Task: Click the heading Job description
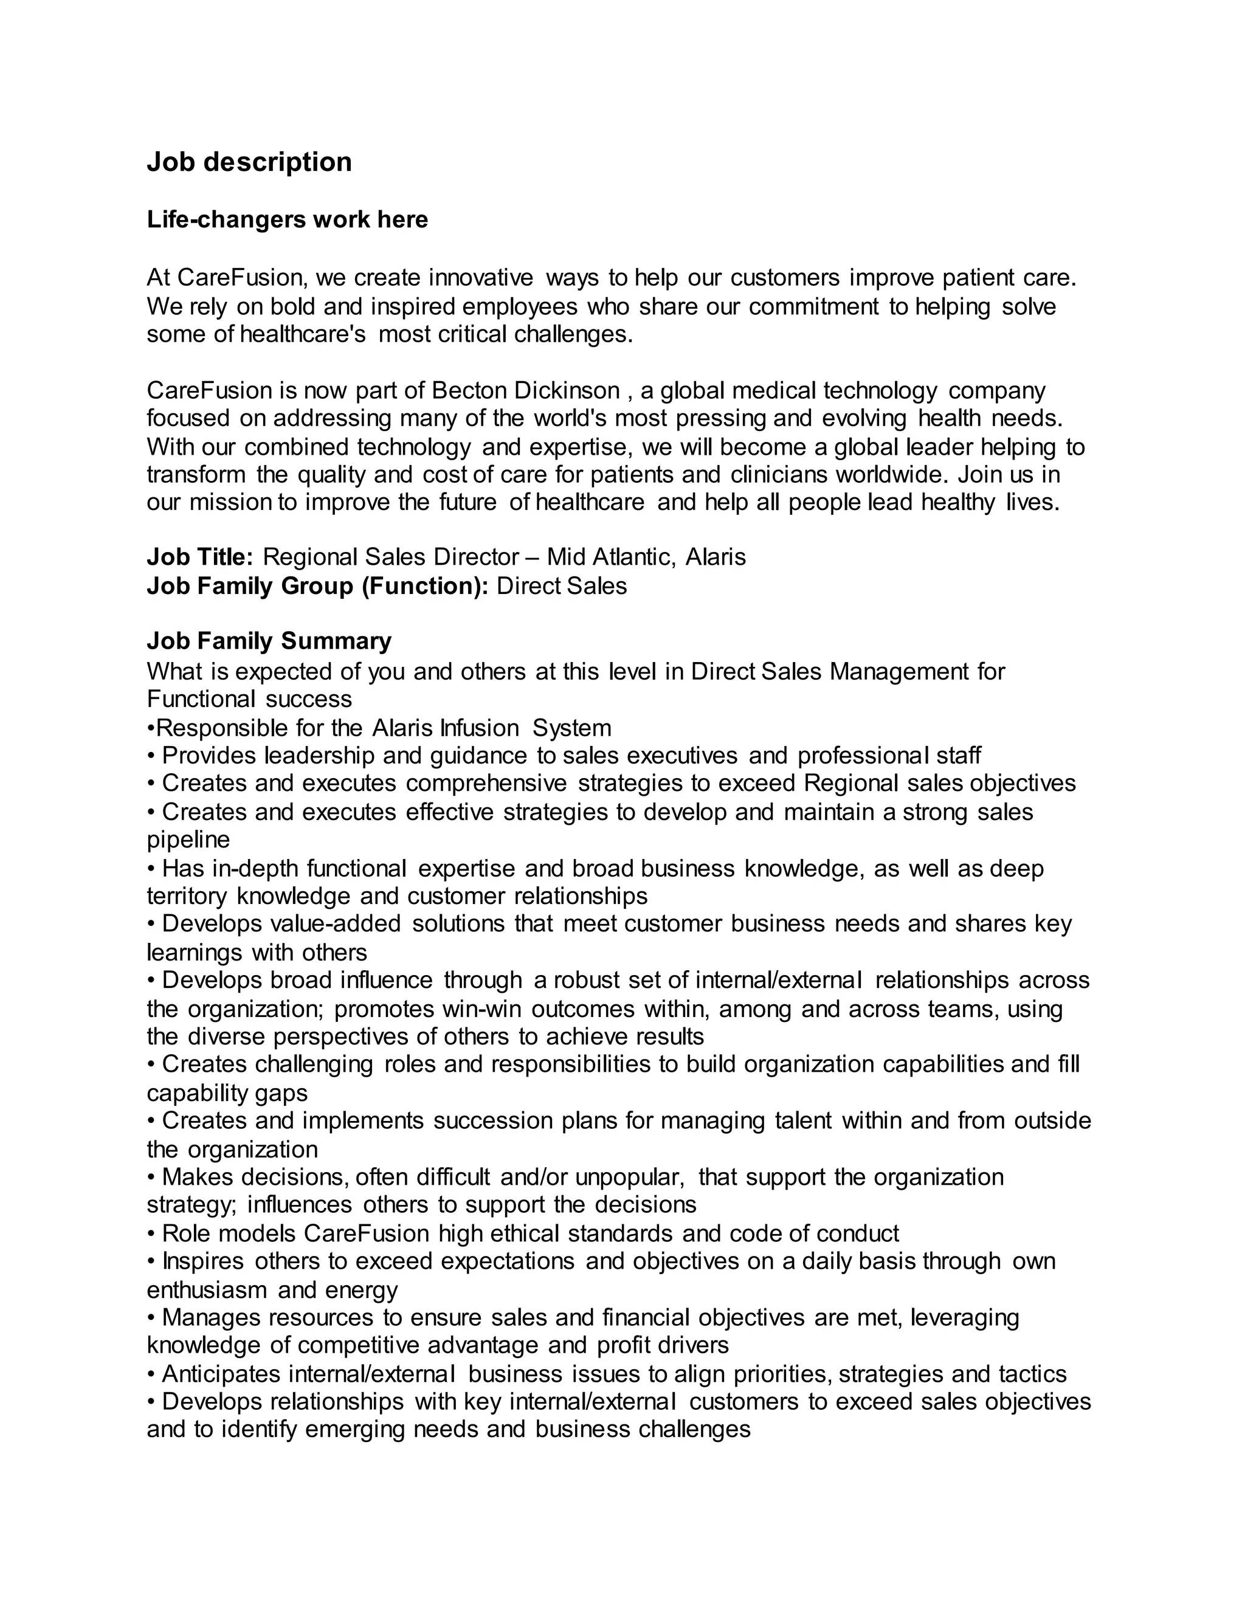click(x=249, y=162)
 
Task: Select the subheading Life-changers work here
click(x=287, y=220)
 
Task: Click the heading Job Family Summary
click(x=269, y=641)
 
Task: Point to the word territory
click(x=187, y=895)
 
